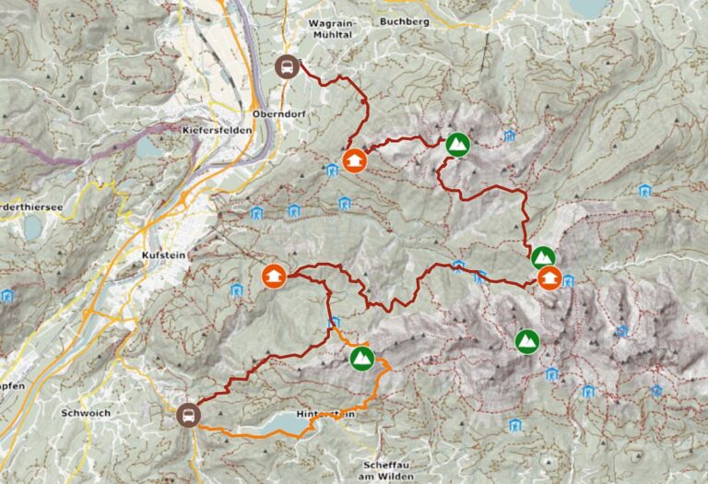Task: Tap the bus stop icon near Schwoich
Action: (188, 415)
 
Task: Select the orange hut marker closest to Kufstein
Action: (274, 276)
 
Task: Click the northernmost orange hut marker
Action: (354, 160)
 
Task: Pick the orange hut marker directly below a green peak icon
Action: (549, 277)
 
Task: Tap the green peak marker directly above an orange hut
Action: (543, 257)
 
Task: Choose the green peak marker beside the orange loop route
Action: (361, 358)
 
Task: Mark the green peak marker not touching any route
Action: (527, 340)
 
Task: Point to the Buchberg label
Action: (404, 19)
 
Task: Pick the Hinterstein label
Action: (326, 416)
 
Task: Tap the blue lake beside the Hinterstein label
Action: (277, 423)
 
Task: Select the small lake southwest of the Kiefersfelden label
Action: (148, 147)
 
